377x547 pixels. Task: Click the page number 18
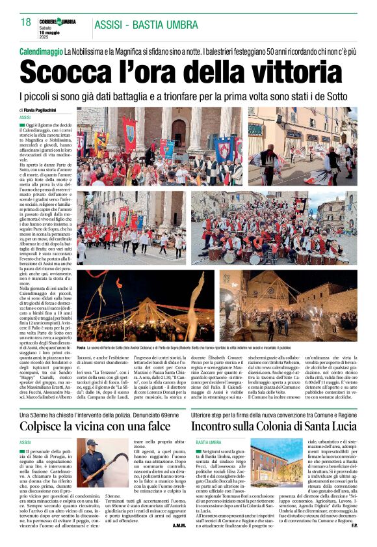[x=25, y=22]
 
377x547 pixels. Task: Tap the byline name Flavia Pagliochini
[x=43, y=111]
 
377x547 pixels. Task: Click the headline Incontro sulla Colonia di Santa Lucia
[x=273, y=427]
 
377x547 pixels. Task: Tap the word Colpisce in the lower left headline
[x=47, y=427]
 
